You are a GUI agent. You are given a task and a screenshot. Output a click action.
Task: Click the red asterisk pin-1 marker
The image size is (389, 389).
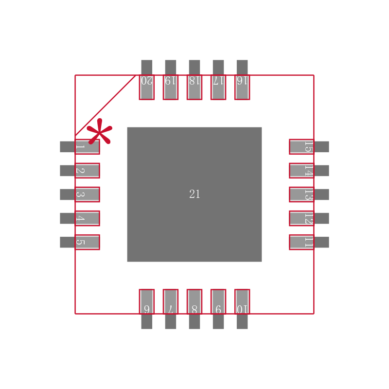(x=99, y=131)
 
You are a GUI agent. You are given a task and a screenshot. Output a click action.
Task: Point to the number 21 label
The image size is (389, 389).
(x=194, y=194)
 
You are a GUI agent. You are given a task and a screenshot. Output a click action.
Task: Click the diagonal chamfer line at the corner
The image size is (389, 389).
(x=105, y=106)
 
